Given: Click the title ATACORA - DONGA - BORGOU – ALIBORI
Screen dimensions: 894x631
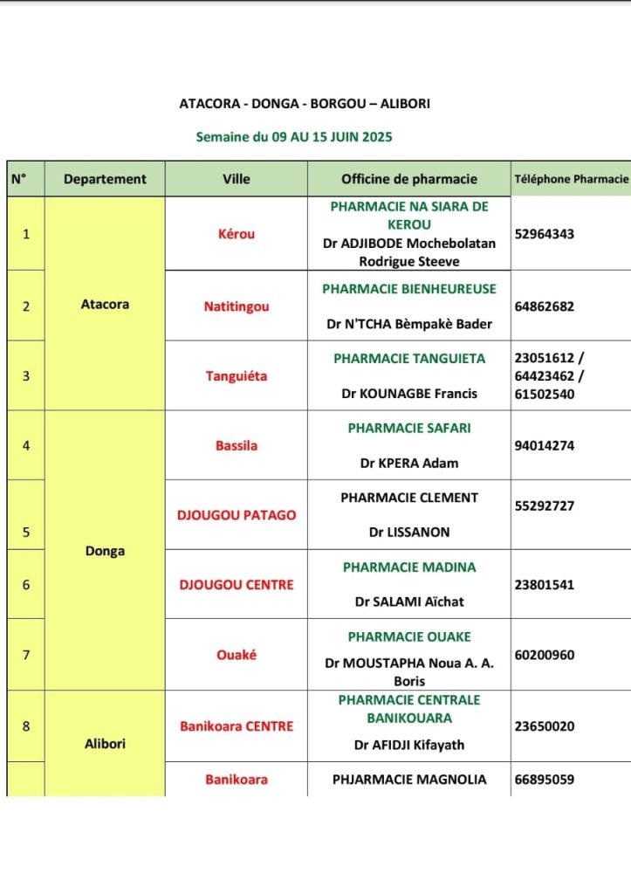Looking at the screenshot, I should tap(305, 104).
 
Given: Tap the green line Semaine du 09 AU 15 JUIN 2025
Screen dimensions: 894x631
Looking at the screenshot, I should tap(294, 137).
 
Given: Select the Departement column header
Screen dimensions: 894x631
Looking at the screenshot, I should tap(105, 179).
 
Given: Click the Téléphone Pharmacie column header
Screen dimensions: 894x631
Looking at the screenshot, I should tap(571, 179).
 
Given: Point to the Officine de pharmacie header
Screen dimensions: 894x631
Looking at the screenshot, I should tap(409, 179).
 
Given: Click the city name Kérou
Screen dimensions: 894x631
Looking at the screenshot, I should tap(237, 234).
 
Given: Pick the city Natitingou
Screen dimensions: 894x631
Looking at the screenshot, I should tap(237, 306).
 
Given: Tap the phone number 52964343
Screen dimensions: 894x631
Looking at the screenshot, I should tap(545, 234).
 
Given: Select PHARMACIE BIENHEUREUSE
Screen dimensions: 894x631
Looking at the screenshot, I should tap(409, 289).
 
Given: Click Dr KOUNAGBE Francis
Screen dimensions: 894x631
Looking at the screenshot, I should tap(409, 394).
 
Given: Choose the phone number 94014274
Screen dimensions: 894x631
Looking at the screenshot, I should tap(545, 445).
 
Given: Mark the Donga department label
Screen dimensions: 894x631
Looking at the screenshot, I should tap(105, 551).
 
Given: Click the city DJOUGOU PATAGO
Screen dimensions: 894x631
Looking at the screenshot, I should tap(237, 515).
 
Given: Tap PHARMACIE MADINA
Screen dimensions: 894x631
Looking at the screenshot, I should tap(409, 567).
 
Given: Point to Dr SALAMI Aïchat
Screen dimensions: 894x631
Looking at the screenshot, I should tap(409, 602).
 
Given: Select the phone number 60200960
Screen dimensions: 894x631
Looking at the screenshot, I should tap(545, 655).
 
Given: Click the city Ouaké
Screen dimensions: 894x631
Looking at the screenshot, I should tap(237, 655).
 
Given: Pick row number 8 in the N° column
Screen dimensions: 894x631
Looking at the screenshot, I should tap(26, 726).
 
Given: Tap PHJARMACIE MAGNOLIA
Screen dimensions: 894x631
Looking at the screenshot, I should tap(409, 780).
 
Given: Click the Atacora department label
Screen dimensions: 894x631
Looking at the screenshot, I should tap(105, 305).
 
